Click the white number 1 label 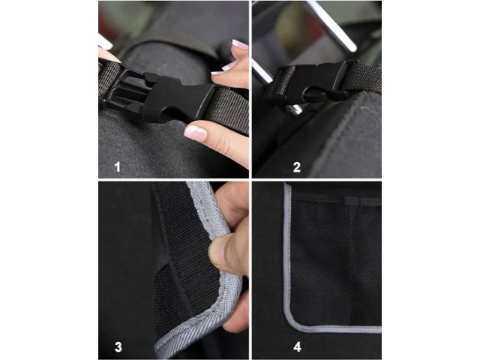(118, 167)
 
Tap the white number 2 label (297, 167)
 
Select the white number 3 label (118, 347)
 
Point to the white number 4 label (297, 347)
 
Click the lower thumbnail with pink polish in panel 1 (195, 133)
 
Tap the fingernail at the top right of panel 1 (239, 43)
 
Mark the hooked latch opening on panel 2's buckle (315, 94)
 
